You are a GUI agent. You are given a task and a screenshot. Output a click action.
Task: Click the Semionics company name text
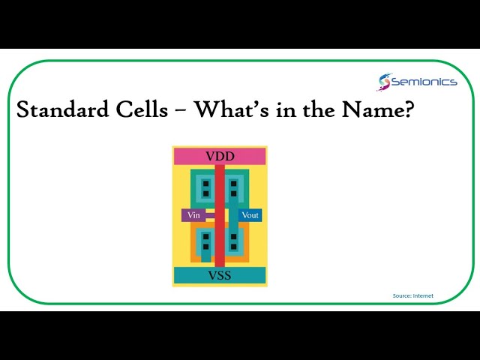tap(424, 82)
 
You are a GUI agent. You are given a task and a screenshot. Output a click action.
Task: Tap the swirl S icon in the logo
tap(385, 82)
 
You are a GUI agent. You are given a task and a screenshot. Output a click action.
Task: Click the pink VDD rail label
tap(220, 156)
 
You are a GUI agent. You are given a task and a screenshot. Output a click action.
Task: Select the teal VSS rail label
tap(220, 275)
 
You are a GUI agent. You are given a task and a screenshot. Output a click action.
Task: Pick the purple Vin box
tap(193, 215)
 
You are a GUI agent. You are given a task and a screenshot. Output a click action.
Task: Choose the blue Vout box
tap(250, 215)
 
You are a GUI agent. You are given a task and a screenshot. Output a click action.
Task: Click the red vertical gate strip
tap(220, 225)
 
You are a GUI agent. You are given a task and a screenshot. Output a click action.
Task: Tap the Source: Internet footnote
tap(412, 295)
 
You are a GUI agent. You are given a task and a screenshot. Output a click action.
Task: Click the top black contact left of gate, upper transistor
tap(205, 183)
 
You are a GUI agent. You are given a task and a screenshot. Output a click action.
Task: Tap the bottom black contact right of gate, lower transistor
tap(234, 247)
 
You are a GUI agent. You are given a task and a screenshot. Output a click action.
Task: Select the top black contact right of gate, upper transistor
tap(234, 183)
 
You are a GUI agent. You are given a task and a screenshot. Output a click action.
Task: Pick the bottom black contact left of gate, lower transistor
tap(205, 247)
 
